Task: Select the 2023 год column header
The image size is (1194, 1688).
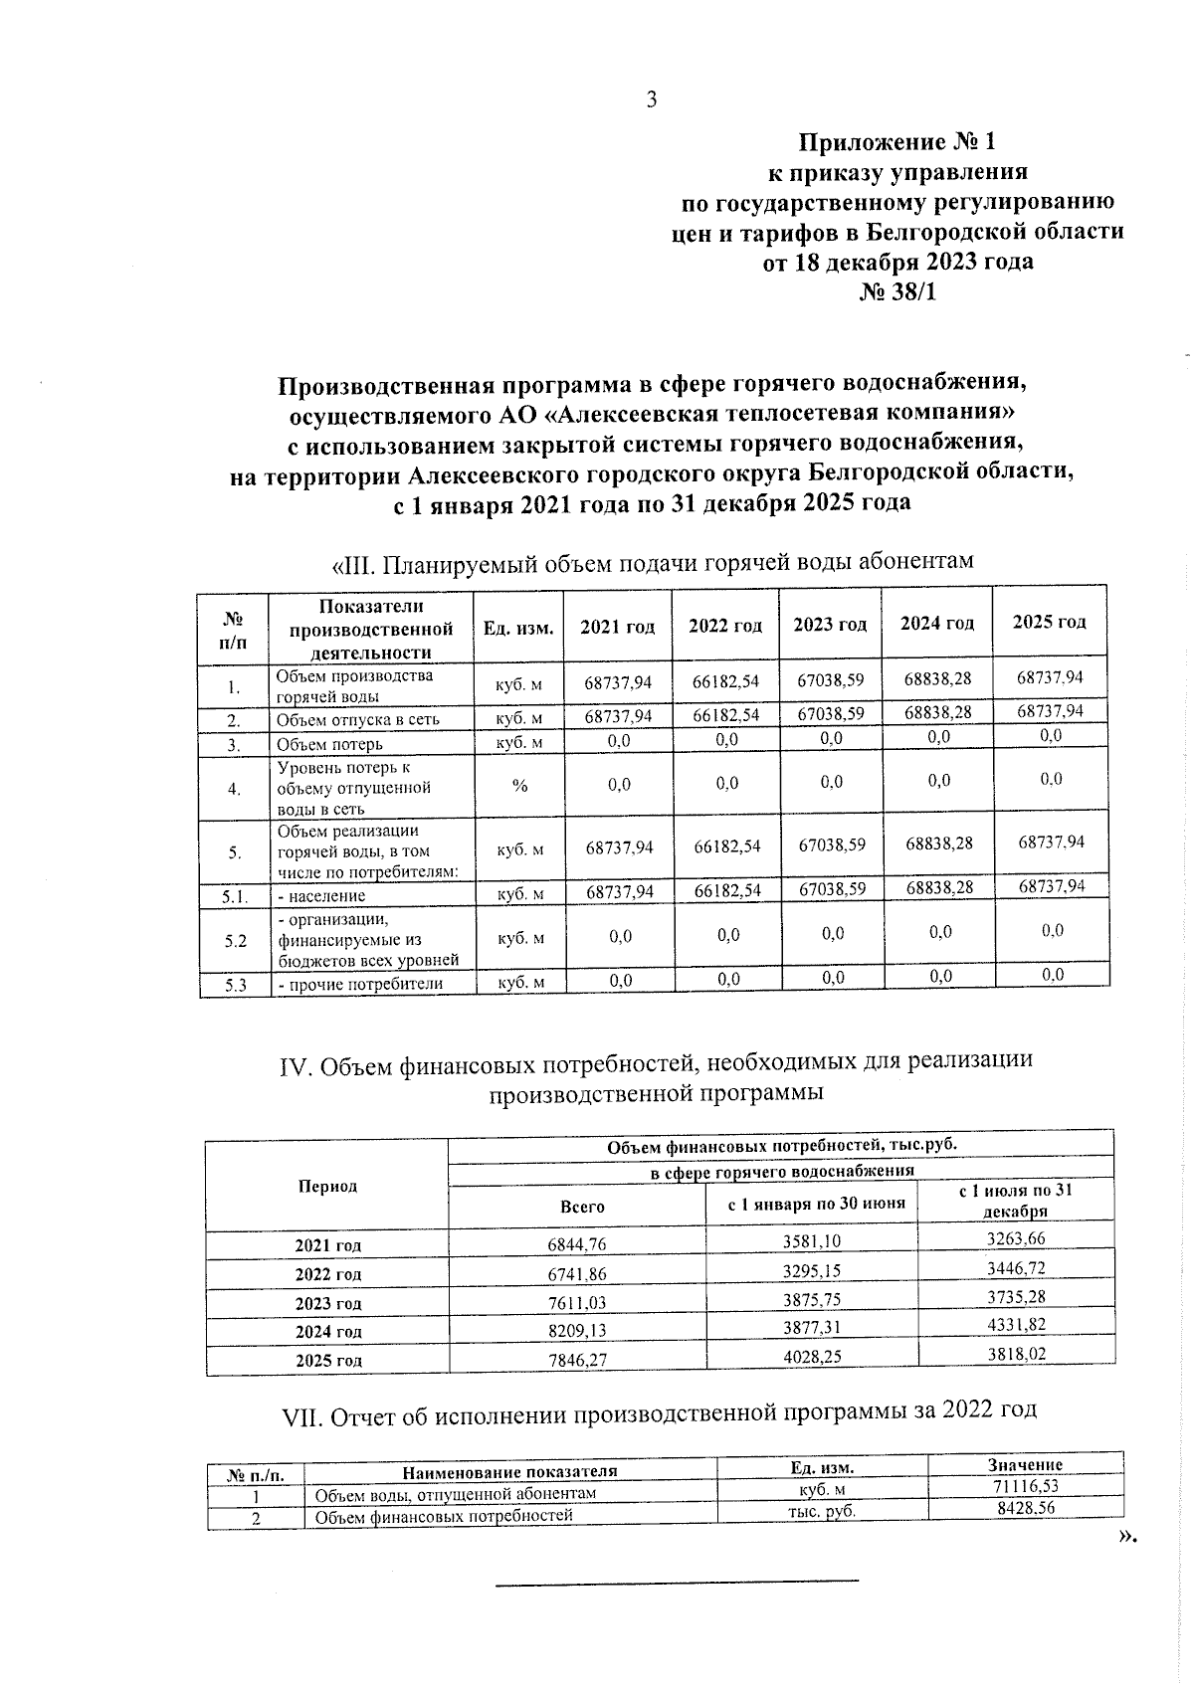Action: pos(830,625)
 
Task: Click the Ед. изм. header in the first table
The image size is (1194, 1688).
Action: pos(518,627)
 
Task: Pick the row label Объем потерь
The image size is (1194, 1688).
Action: pos(329,744)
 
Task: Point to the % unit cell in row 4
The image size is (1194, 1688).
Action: pos(519,786)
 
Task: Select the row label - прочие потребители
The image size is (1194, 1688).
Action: pos(359,985)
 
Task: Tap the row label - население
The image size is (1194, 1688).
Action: pos(320,895)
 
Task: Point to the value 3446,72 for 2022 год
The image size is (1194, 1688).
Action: pos(1016,1268)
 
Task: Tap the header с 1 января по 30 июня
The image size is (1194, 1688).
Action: pos(816,1204)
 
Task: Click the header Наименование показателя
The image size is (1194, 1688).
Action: pos(509,1471)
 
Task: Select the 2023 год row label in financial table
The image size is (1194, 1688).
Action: pos(328,1303)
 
